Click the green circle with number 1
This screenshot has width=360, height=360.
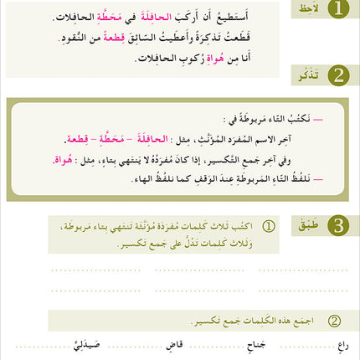337,10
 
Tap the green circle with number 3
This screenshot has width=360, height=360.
337,224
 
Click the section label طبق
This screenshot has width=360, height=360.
304,224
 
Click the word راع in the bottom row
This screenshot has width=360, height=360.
342,343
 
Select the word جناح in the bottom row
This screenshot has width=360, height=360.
254,343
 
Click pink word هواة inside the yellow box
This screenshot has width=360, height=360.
61,159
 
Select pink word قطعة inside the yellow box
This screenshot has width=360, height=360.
82,138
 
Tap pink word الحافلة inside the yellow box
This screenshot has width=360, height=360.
171,138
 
